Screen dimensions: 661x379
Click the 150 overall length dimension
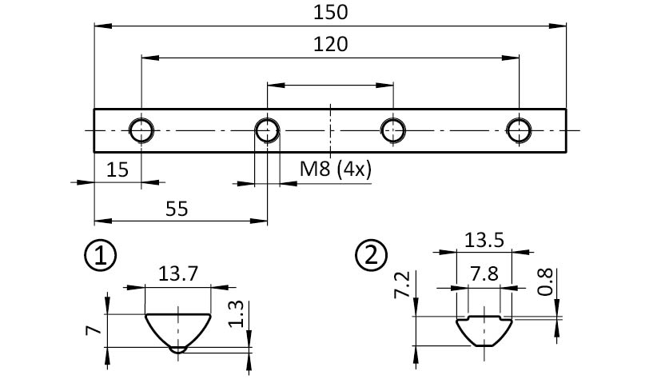pos(331,12)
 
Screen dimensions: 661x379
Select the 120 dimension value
pos(331,44)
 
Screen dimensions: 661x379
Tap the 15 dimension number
pos(117,170)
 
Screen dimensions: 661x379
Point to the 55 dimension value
pos(177,209)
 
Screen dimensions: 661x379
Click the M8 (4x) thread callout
pos(336,170)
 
